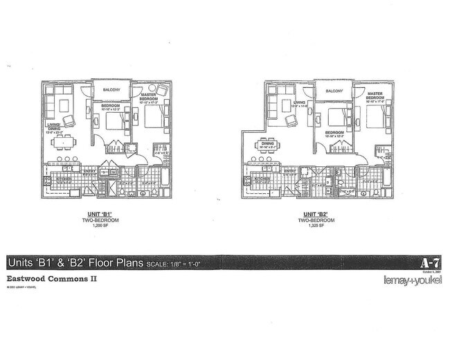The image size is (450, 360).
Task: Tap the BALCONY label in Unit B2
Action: click(334, 91)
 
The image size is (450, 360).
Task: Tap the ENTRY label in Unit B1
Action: click(89, 171)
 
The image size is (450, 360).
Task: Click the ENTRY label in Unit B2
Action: click(290, 170)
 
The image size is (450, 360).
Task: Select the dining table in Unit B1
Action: click(64, 142)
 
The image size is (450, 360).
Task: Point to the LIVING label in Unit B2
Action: click(300, 105)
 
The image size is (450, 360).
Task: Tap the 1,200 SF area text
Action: click(112, 226)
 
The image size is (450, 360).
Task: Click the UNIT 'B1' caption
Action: click(112, 215)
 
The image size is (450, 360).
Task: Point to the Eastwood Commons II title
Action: click(51, 280)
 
